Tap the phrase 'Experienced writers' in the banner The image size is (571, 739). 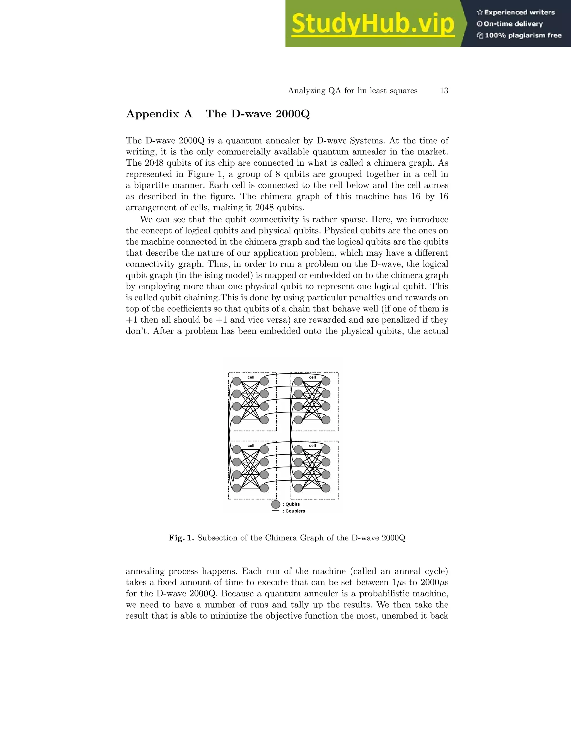[x=519, y=13]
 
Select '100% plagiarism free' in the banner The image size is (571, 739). [x=523, y=35]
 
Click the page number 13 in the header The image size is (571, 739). [x=444, y=91]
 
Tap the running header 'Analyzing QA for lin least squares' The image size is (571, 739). [x=352, y=91]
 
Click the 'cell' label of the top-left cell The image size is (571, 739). [x=251, y=377]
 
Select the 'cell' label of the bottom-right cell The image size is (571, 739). [x=312, y=446]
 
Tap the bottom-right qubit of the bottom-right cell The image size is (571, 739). [x=326, y=488]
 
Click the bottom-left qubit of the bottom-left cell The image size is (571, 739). [x=237, y=488]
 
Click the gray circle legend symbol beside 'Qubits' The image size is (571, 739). [x=276, y=504]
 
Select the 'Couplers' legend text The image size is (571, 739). [x=295, y=511]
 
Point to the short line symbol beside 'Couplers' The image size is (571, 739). [x=276, y=511]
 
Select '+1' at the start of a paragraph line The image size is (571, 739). [x=132, y=320]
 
